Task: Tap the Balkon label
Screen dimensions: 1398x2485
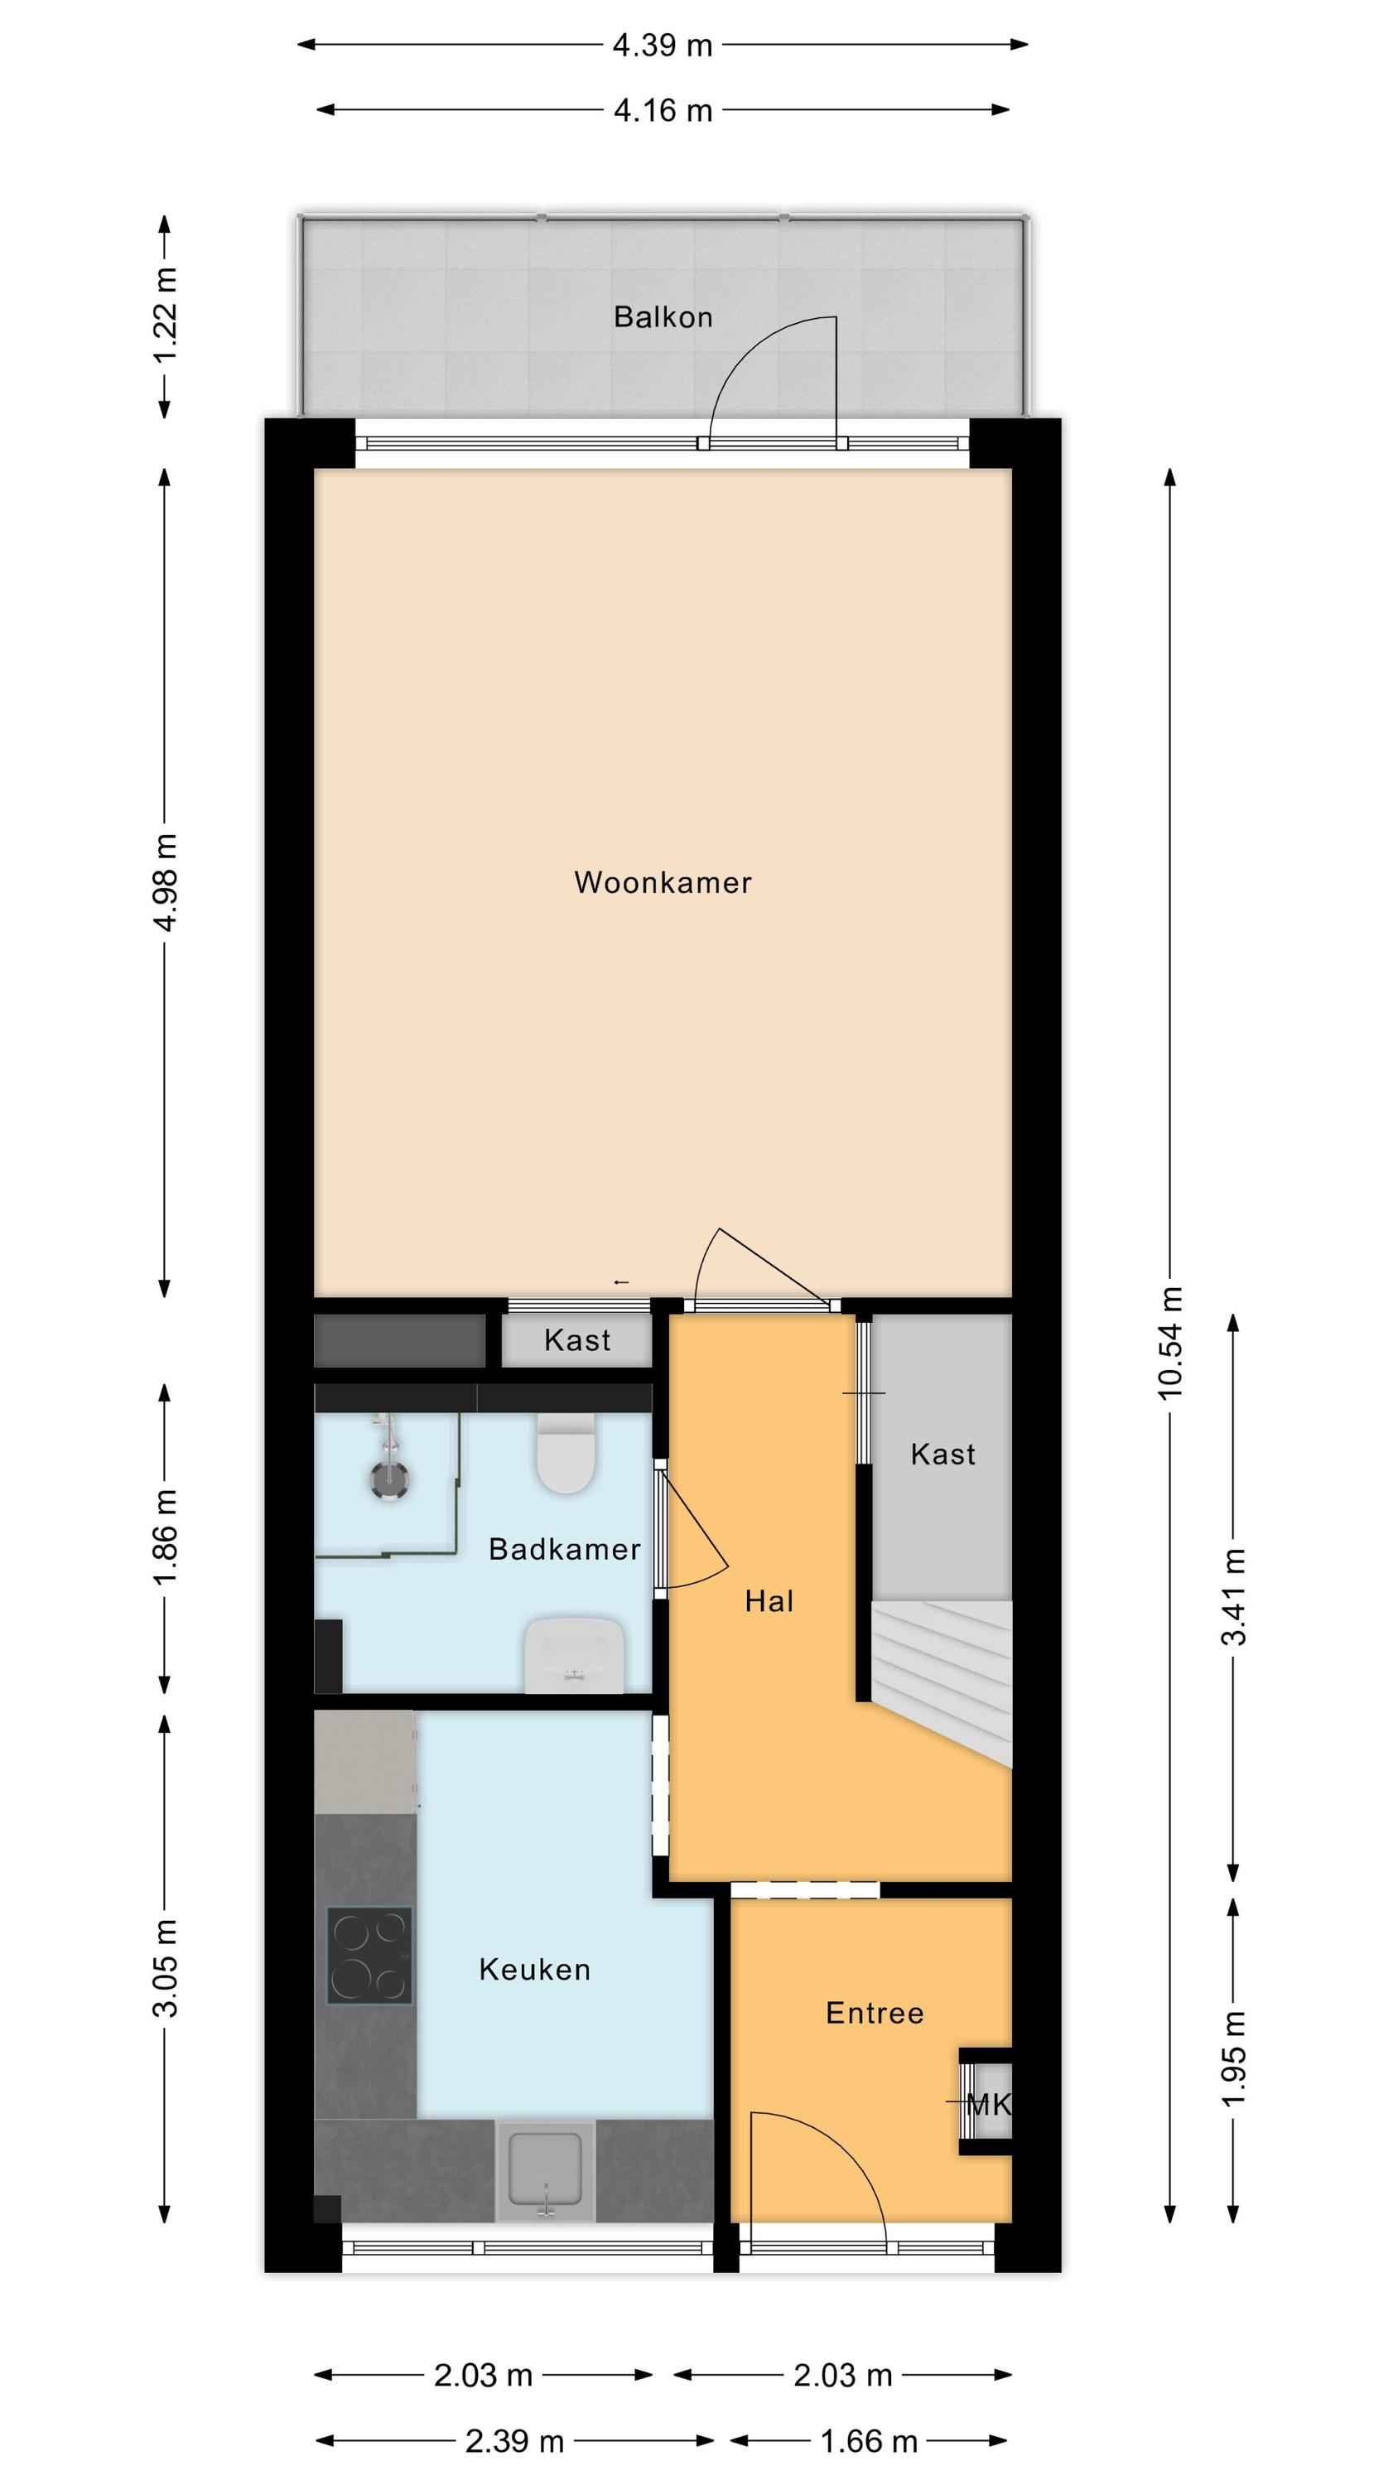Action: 663,316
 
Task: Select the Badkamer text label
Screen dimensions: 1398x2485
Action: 564,1548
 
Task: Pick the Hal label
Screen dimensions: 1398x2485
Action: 769,1601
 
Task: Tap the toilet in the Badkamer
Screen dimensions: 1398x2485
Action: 564,1455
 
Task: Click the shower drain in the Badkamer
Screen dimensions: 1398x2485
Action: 388,1479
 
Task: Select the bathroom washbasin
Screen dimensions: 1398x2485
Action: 574,1654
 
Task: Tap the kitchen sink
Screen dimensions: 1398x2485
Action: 546,2168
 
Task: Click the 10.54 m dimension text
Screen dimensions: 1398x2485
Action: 1169,1342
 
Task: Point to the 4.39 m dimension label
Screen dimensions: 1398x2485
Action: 662,45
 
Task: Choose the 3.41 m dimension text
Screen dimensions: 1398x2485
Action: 1233,1596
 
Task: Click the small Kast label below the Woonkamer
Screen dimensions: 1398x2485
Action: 577,1340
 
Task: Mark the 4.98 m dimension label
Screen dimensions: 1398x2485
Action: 165,883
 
